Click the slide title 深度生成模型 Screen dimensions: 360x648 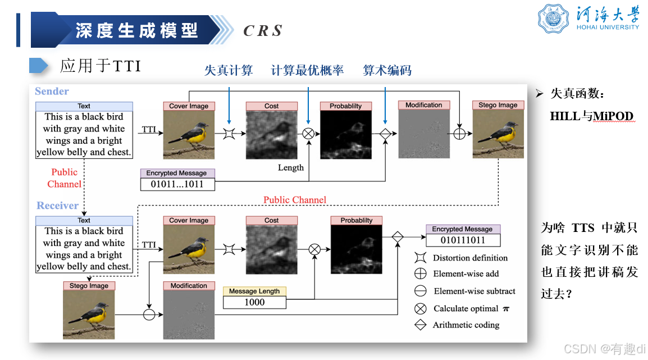click(137, 30)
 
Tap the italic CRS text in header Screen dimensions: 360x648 click(262, 31)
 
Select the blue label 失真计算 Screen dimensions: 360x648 click(229, 70)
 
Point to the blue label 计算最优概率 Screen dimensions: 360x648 click(307, 70)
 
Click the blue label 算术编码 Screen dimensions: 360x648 click(387, 70)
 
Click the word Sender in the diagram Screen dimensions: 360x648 click(52, 91)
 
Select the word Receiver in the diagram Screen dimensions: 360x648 click(57, 206)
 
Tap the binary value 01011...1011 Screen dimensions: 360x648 click(177, 184)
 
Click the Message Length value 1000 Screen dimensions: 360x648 click(254, 302)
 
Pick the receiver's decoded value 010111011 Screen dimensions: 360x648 click(463, 240)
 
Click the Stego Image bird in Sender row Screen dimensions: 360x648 click(498, 134)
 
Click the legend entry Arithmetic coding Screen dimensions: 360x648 click(466, 325)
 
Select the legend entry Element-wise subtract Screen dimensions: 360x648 click(474, 291)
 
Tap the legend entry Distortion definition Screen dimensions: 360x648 click(469, 258)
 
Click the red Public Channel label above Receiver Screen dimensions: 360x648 click(295, 200)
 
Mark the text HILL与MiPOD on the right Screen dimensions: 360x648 click(591, 116)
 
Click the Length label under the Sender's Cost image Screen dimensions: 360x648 click(290, 167)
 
